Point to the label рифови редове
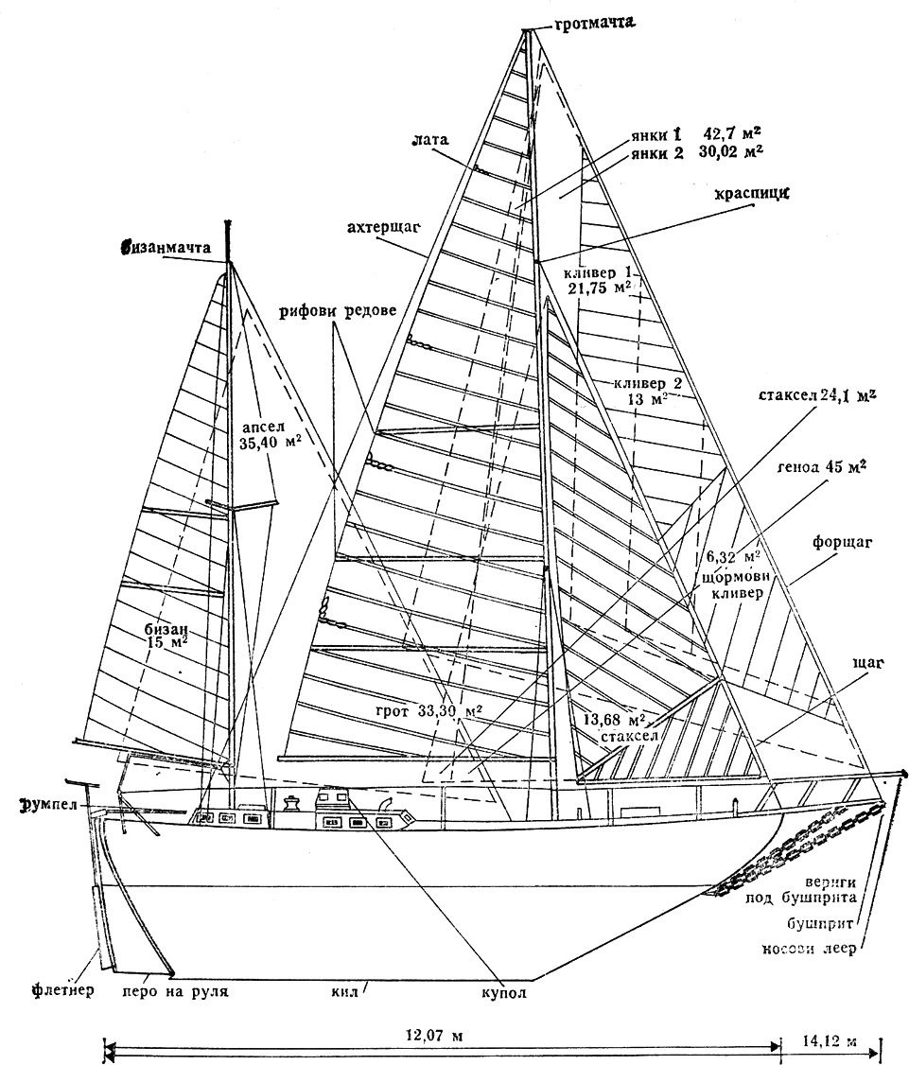(x=336, y=312)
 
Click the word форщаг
(x=841, y=544)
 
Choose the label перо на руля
(x=177, y=993)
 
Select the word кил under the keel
(x=341, y=993)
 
